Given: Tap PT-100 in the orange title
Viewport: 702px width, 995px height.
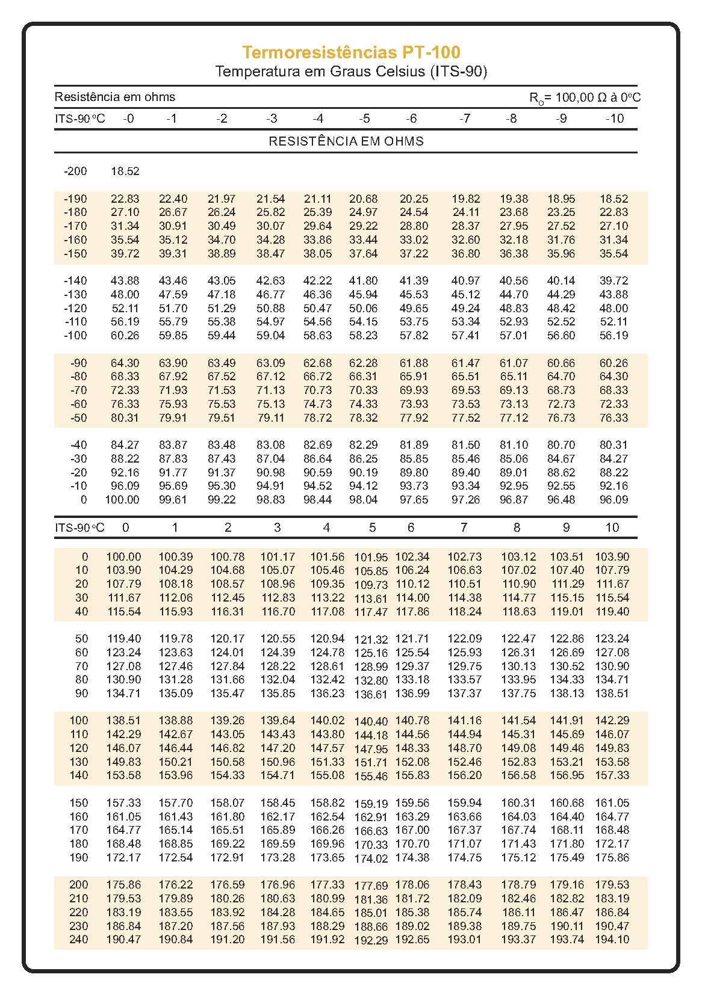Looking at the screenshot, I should (x=432, y=53).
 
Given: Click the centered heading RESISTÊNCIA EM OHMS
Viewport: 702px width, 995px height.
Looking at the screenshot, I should (x=346, y=141).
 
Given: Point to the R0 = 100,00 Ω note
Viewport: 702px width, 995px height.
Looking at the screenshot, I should (x=584, y=97).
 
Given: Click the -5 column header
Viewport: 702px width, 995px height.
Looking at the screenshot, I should (x=364, y=119).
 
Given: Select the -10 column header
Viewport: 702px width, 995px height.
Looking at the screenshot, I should (x=614, y=119).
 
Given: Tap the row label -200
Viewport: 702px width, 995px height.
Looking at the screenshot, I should (x=75, y=171).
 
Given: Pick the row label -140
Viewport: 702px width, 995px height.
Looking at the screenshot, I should (x=75, y=281).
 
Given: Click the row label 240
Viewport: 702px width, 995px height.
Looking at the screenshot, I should (x=78, y=940).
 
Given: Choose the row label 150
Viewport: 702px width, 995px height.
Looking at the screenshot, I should (x=78, y=803).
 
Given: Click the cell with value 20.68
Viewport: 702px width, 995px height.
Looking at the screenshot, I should (x=364, y=199).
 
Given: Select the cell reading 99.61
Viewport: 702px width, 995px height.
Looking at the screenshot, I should (x=173, y=500).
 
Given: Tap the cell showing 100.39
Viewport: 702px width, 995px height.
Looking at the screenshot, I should (x=175, y=557).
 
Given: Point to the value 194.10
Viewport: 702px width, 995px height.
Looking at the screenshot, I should (x=612, y=940).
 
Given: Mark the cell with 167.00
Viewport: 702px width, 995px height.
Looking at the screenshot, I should (x=412, y=830).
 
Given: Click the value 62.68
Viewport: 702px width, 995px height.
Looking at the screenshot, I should (x=317, y=363).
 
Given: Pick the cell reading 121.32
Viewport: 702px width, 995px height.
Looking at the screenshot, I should (x=371, y=640).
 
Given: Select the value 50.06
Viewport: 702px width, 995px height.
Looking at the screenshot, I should (x=364, y=309).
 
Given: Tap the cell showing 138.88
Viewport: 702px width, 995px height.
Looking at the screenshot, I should (x=175, y=721).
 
